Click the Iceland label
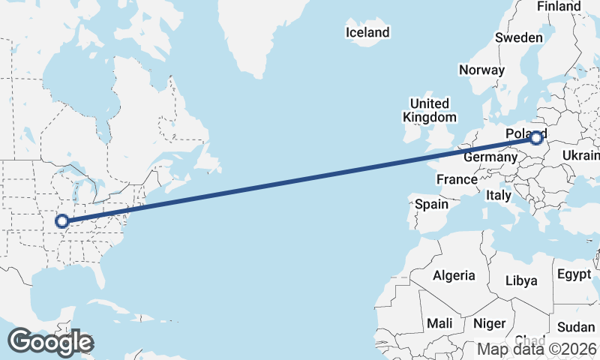367,32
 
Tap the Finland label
559,7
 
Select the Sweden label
518,38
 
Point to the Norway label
481,70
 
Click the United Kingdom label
429,110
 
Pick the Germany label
490,157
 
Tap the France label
457,179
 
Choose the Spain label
431,204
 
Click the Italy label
498,195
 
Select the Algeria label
453,275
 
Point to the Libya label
521,280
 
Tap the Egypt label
574,274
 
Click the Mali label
439,323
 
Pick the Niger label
490,323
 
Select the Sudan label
576,327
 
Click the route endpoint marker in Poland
536,138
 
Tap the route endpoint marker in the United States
62,221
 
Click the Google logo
50,342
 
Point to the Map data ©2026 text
537,349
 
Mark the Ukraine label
582,155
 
